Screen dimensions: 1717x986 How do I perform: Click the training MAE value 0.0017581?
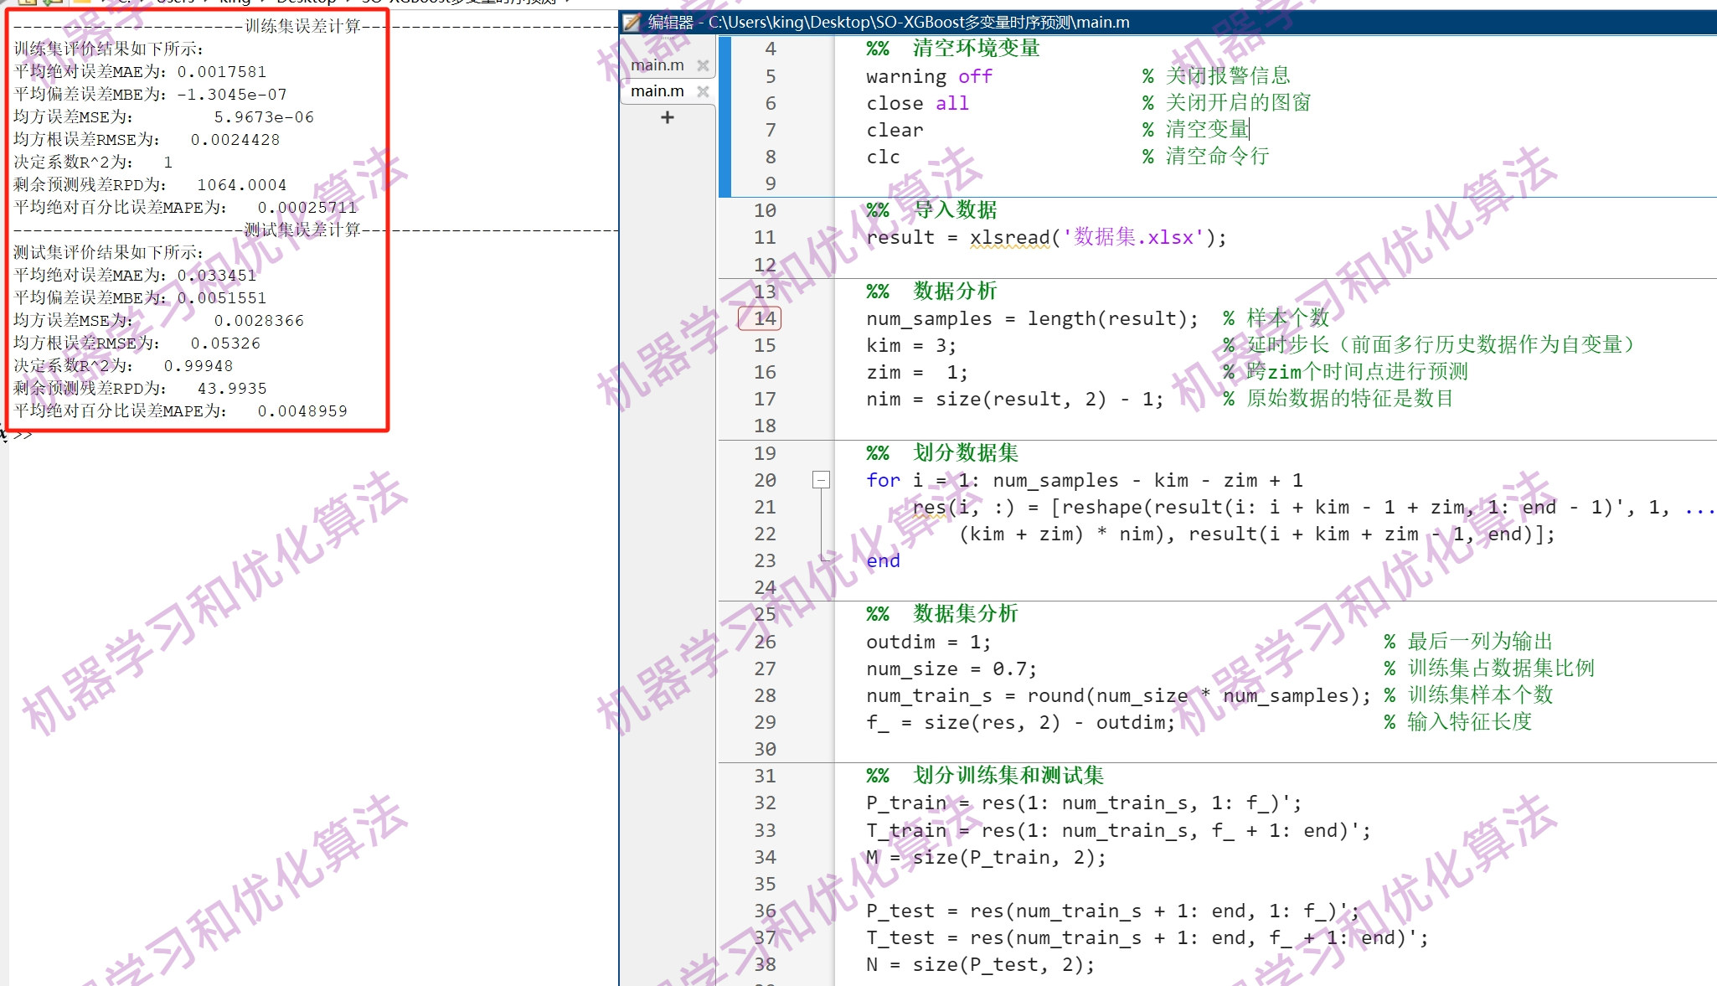(x=221, y=72)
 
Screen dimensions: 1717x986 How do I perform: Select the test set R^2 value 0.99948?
(x=199, y=366)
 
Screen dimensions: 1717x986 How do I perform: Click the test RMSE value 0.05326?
(x=225, y=343)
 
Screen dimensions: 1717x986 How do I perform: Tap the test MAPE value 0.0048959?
(x=302, y=411)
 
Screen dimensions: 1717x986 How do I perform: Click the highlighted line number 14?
(x=763, y=318)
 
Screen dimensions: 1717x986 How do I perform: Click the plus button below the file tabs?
(x=667, y=117)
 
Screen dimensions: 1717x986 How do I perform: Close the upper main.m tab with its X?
(x=703, y=65)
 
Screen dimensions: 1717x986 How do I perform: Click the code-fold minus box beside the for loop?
(x=821, y=480)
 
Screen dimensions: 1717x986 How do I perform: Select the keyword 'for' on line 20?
(x=883, y=480)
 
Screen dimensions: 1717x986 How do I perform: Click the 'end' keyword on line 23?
(x=883, y=561)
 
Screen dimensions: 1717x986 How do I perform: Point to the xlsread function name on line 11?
(x=1009, y=238)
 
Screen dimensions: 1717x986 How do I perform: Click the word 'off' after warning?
(x=975, y=77)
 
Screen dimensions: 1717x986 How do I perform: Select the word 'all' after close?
(x=951, y=104)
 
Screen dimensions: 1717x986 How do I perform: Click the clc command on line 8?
(x=883, y=157)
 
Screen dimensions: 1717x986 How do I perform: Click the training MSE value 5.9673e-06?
(x=264, y=117)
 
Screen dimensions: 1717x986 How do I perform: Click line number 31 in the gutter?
(x=764, y=777)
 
